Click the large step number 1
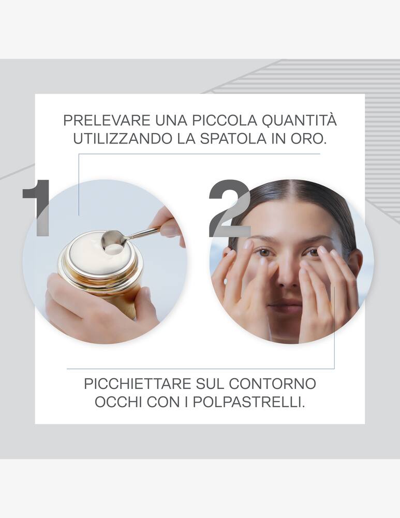coord(38,207)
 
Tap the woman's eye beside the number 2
coord(264,252)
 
